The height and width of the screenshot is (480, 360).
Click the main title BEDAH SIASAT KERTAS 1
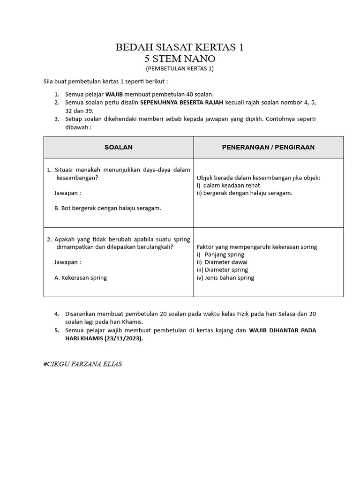[x=180, y=47]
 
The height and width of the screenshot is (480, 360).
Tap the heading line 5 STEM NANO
[x=180, y=59]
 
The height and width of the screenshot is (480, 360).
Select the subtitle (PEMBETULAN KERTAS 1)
[x=180, y=68]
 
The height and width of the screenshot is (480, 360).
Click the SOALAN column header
[x=118, y=147]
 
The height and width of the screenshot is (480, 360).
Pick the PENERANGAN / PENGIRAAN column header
[x=268, y=147]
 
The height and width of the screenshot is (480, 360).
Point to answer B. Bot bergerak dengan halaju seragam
[x=108, y=208]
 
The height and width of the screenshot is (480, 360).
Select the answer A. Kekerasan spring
[x=81, y=277]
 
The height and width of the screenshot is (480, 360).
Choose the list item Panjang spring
[x=224, y=255]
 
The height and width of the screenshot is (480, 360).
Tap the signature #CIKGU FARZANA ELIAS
[x=82, y=364]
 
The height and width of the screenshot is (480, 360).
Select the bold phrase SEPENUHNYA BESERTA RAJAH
[x=186, y=102]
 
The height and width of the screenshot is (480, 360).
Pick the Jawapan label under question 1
[x=67, y=193]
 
